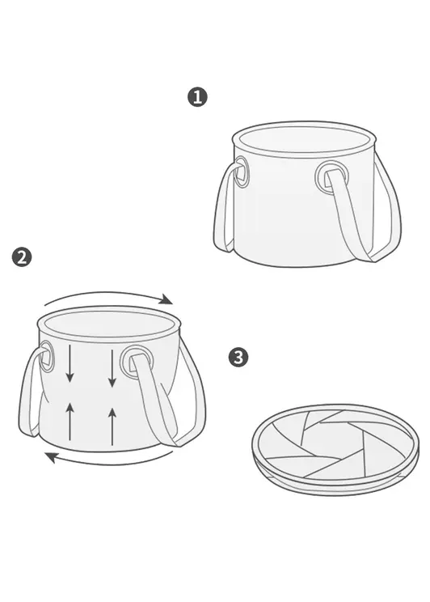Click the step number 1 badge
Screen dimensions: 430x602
(x=197, y=97)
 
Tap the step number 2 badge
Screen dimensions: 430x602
(x=22, y=257)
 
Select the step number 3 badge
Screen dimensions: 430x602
(x=238, y=358)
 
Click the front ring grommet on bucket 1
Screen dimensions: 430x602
(x=332, y=177)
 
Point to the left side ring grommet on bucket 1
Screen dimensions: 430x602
(x=242, y=172)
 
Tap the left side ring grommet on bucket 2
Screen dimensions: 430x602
(x=47, y=356)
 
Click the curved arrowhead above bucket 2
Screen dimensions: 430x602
(x=166, y=299)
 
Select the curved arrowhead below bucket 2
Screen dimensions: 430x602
(x=52, y=457)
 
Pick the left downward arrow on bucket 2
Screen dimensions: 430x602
(x=70, y=363)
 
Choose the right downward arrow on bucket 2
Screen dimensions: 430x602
(x=112, y=368)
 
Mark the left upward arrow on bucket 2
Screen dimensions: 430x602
(x=70, y=421)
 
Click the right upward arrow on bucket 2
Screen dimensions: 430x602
(x=112, y=426)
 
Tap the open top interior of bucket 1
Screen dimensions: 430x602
(x=304, y=139)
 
